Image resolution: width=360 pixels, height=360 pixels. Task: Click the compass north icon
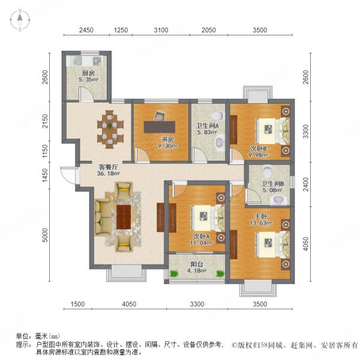[x=20, y=20]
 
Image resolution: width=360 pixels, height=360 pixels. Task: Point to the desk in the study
[x=161, y=127]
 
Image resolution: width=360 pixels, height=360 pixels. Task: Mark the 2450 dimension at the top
[x=85, y=30]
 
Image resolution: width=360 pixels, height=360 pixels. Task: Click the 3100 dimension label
[x=160, y=30]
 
